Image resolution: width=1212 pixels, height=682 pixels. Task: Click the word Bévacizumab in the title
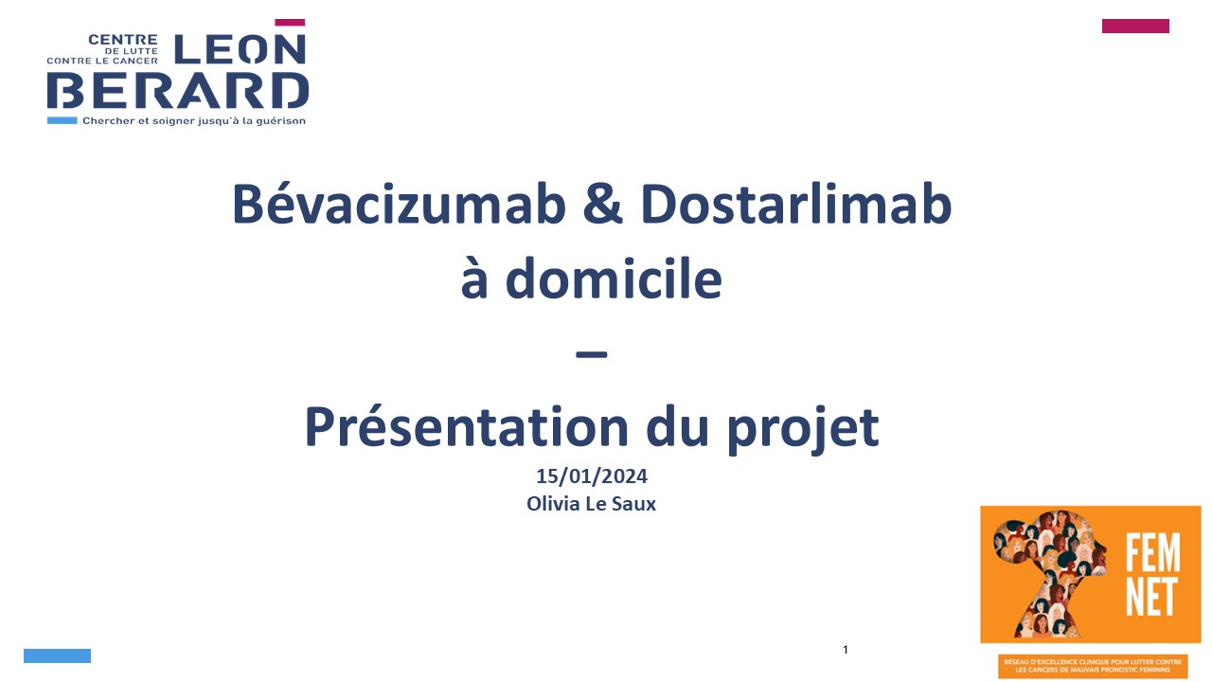(400, 204)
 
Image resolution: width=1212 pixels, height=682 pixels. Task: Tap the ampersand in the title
(603, 204)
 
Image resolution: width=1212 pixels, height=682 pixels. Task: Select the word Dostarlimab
(796, 204)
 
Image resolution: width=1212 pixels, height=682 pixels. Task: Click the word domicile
(613, 278)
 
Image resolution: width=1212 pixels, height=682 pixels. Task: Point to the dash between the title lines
(592, 354)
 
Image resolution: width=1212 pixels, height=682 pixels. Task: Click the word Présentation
(467, 426)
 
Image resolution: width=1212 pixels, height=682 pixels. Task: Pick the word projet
(803, 430)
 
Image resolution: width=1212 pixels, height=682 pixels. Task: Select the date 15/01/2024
(592, 476)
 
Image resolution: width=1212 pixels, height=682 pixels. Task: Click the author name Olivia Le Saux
(592, 504)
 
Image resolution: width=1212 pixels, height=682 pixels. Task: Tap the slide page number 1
(846, 650)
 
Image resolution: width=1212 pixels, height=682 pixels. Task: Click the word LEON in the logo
(241, 49)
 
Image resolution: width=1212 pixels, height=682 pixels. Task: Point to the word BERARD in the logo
(178, 90)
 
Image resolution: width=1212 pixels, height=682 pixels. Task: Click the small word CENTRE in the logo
(123, 40)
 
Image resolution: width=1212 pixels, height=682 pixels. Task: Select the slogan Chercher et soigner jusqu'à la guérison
(194, 120)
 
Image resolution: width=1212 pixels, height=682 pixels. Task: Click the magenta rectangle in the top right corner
(1135, 26)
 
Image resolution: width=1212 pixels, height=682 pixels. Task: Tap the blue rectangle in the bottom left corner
(58, 655)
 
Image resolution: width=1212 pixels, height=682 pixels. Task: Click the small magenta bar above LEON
(290, 22)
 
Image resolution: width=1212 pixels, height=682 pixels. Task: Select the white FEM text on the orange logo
(1152, 552)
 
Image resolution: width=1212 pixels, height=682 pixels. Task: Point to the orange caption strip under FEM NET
(1093, 666)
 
